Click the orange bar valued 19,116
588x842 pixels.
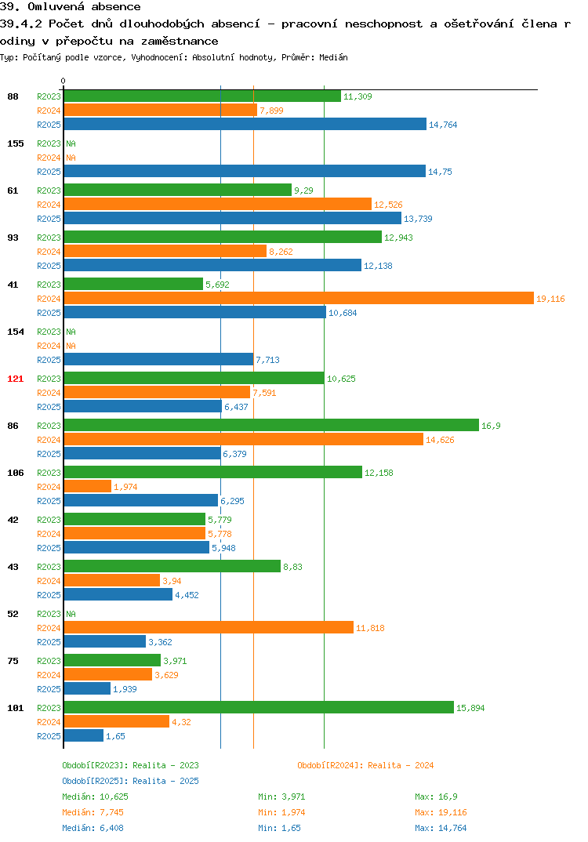(299, 299)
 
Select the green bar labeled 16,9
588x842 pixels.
(271, 425)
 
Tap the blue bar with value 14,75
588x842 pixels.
(245, 171)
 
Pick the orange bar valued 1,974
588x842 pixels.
(88, 487)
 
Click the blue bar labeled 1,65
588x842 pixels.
(83, 735)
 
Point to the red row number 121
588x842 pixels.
(16, 379)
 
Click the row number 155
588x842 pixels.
(16, 143)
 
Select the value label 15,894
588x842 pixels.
(470, 708)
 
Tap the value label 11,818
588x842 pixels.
(370, 628)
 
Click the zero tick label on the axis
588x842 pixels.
(63, 81)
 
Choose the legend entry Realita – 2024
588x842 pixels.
(365, 765)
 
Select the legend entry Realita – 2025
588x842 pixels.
(130, 781)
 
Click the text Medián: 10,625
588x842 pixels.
(95, 797)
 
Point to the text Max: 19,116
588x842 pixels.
(441, 812)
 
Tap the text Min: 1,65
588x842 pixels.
(279, 828)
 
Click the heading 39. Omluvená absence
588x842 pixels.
(71, 7)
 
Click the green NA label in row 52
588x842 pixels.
(71, 614)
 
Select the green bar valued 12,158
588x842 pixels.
(212, 472)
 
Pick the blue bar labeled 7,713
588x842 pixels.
(158, 359)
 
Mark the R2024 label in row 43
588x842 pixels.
(49, 580)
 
